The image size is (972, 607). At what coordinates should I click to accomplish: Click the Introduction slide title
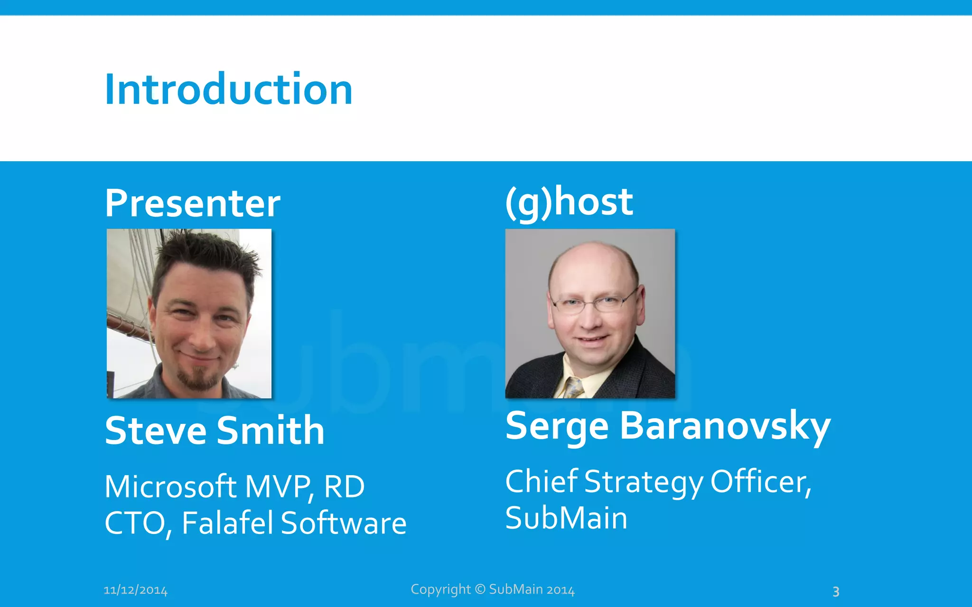point(228,90)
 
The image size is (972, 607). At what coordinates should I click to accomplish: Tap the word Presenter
point(193,203)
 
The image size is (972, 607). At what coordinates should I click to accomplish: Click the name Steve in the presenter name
point(155,431)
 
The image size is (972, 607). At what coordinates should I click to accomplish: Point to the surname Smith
point(271,431)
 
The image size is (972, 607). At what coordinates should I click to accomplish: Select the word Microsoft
point(170,487)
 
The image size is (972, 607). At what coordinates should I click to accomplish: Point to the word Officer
point(760,482)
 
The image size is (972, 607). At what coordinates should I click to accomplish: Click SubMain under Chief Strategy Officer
point(566,518)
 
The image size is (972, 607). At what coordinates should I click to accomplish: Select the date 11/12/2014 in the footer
point(136,590)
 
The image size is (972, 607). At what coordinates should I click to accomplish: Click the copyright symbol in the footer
point(480,589)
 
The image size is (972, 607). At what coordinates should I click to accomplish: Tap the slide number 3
point(836,591)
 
